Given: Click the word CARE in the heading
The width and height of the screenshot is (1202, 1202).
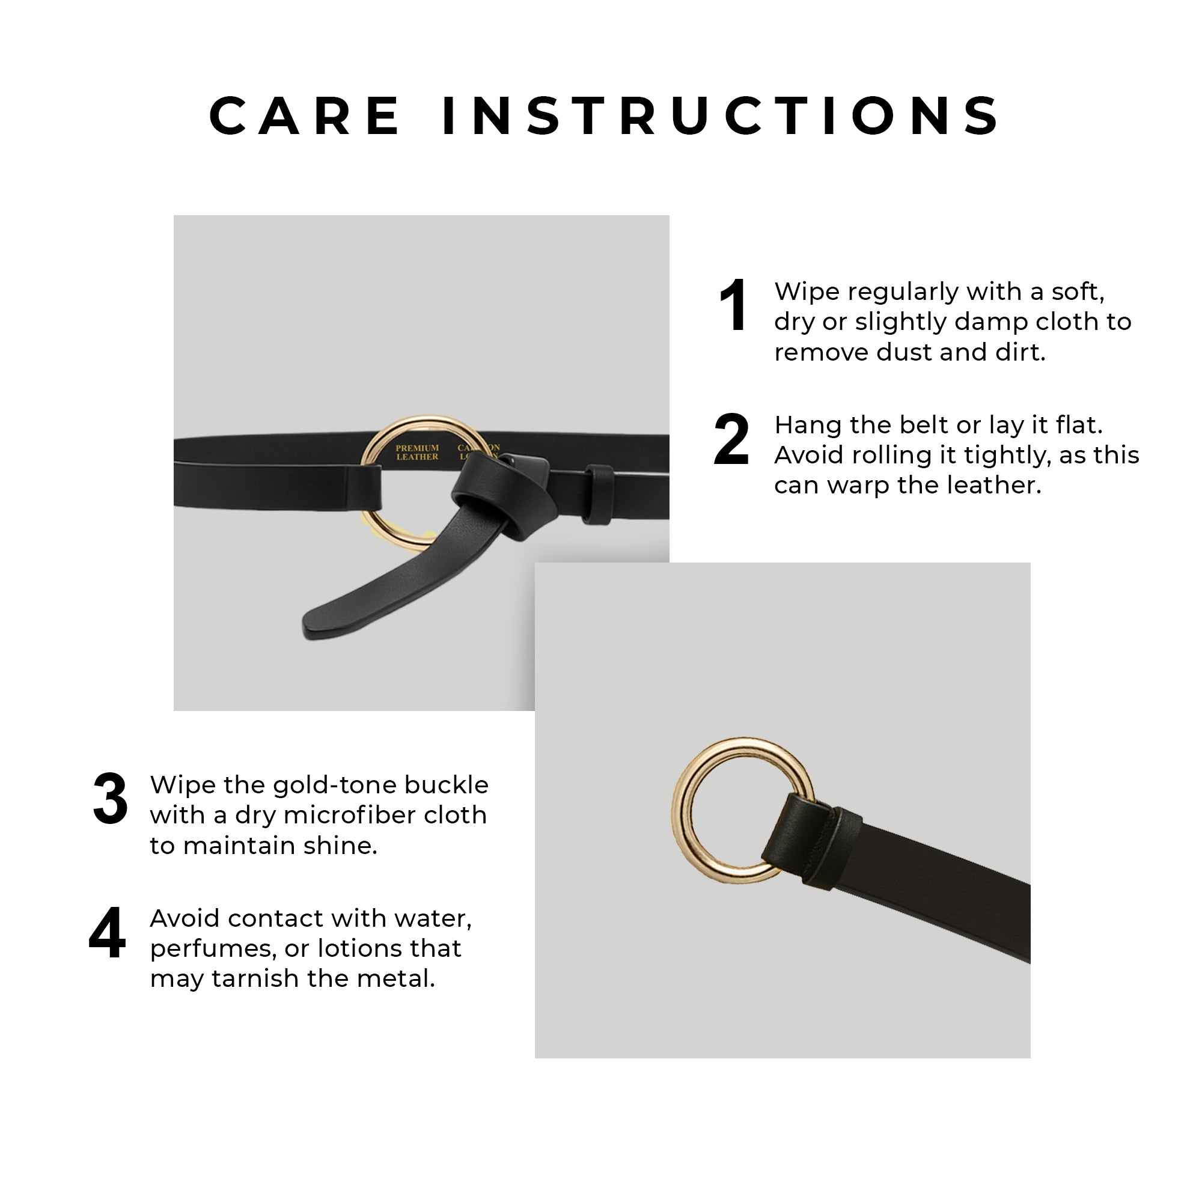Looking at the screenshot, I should click(x=305, y=117).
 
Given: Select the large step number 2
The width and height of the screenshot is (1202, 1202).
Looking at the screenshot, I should click(x=731, y=440).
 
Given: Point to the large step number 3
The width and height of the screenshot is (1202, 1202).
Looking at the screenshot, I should click(x=111, y=799).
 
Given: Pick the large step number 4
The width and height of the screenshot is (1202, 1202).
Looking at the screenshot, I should click(x=108, y=933).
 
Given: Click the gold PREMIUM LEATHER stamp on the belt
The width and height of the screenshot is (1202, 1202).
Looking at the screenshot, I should click(x=418, y=453).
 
